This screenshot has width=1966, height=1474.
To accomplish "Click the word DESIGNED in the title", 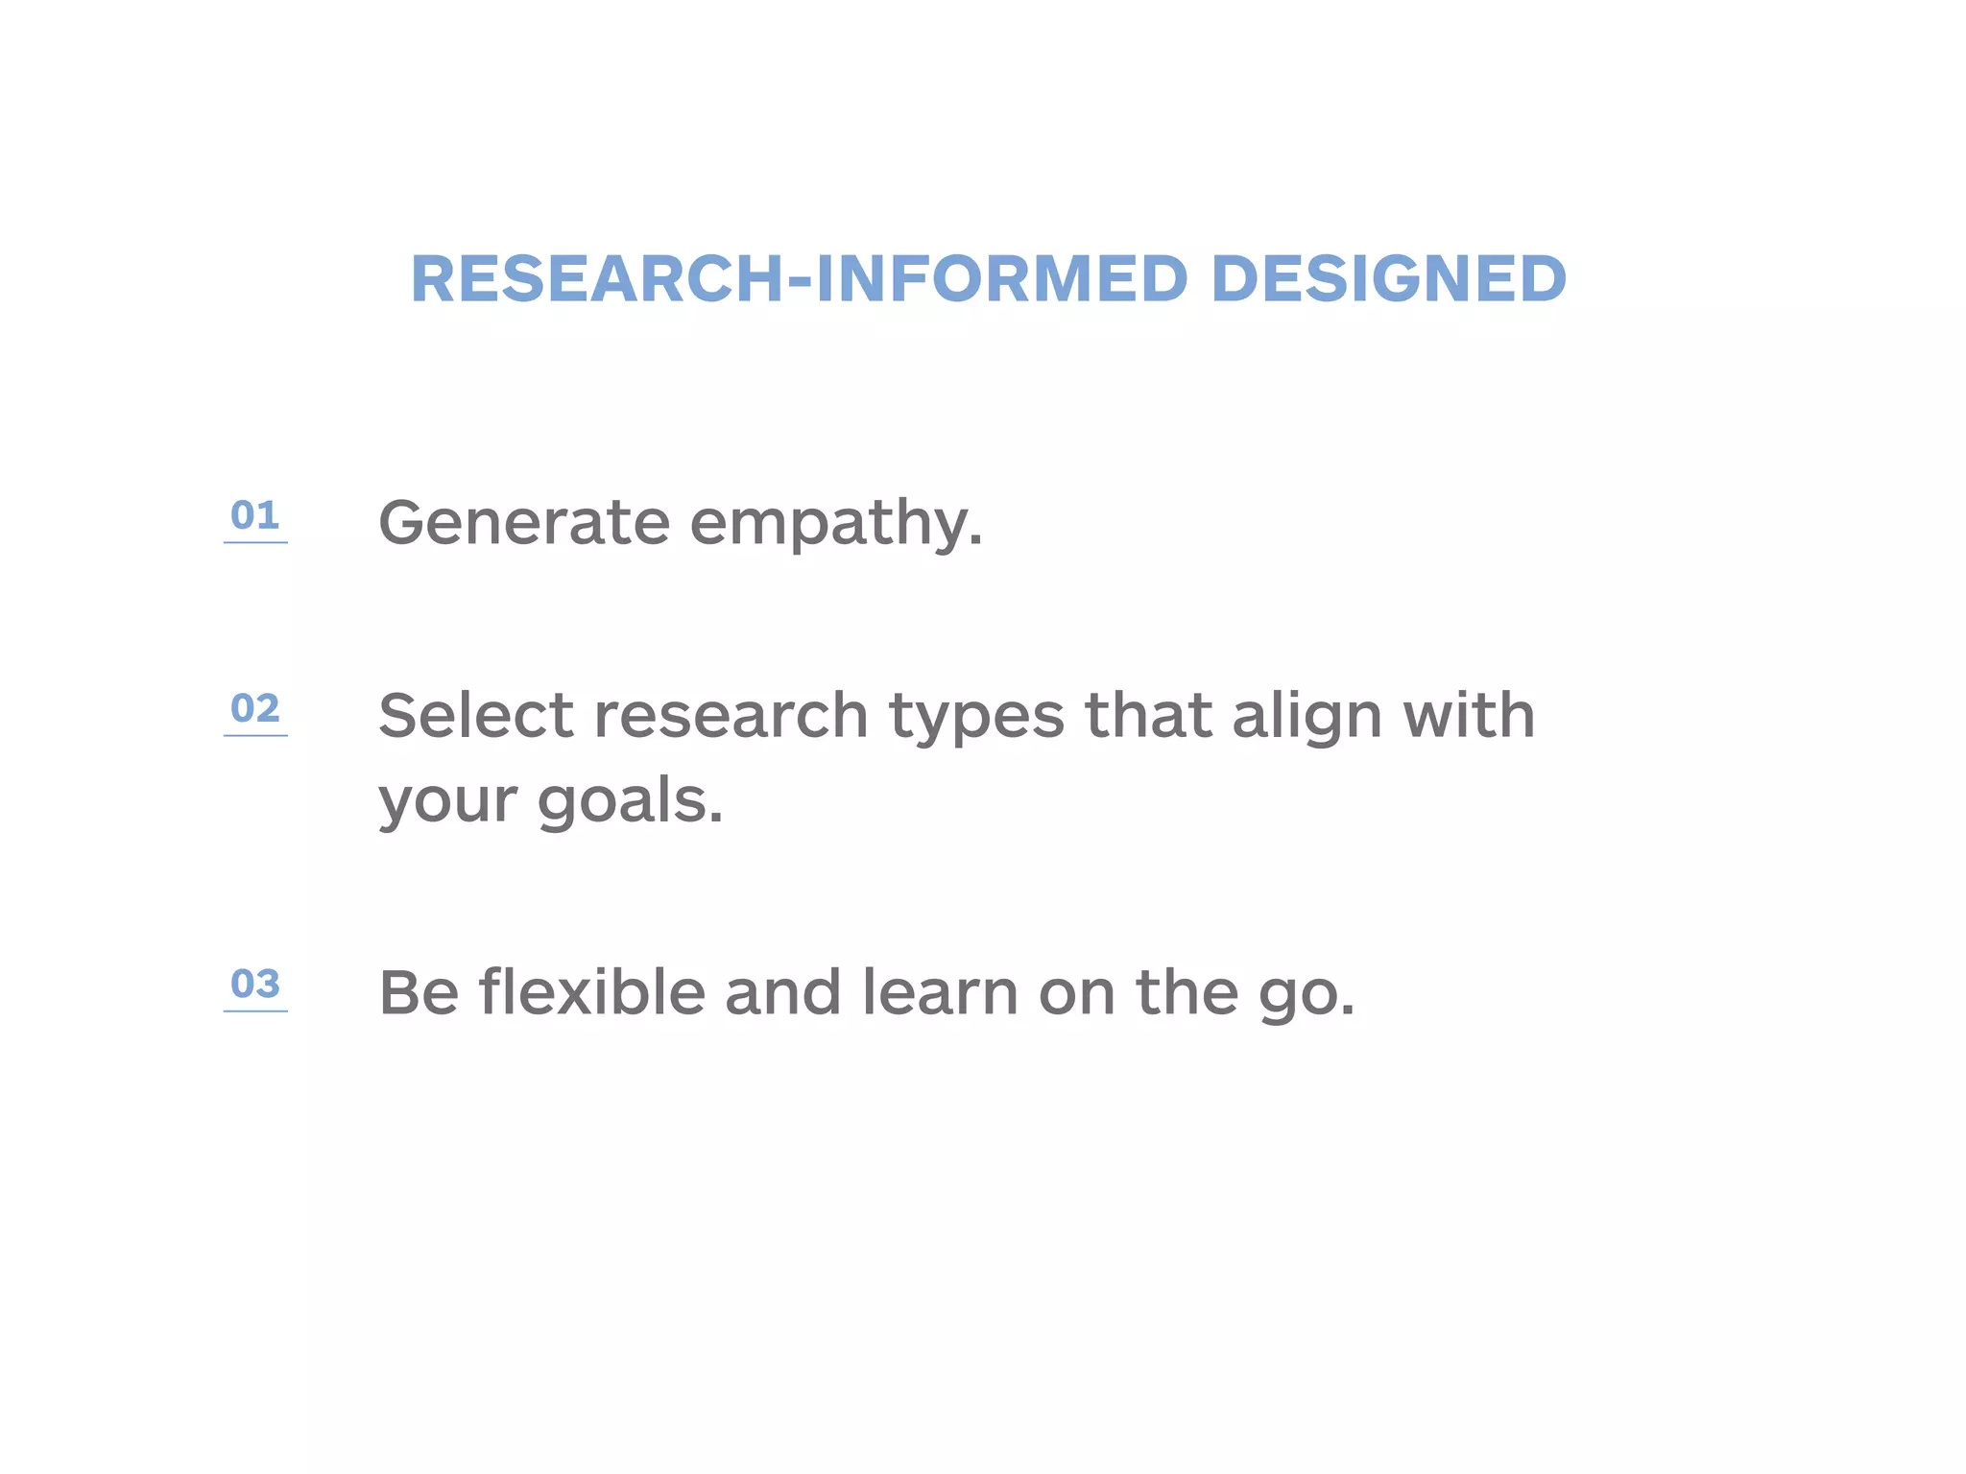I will point(1388,279).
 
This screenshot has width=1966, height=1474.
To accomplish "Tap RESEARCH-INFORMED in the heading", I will point(800,279).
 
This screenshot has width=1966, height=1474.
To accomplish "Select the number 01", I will point(254,515).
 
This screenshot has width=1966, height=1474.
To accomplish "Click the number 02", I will point(254,708).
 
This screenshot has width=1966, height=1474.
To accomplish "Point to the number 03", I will point(254,984).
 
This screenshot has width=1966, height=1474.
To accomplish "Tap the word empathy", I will point(836,524).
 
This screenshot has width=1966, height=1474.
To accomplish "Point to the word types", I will point(976,718).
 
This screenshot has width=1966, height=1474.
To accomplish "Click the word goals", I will point(630,800).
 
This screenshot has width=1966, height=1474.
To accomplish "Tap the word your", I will point(448,802).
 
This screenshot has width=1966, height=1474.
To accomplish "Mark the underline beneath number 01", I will point(255,542).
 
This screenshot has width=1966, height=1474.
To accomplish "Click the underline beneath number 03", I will point(255,1010).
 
